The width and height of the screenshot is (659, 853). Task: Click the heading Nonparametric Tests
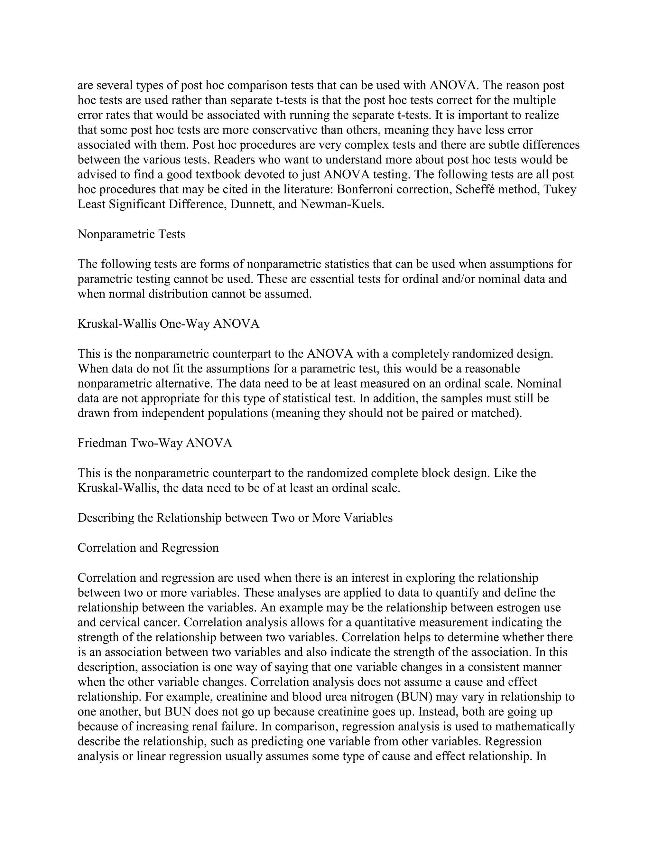point(131,234)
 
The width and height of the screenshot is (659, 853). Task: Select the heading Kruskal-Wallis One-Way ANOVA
point(168,324)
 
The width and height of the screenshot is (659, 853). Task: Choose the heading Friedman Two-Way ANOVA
point(154,443)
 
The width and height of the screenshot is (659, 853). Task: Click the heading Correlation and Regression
point(148,548)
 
